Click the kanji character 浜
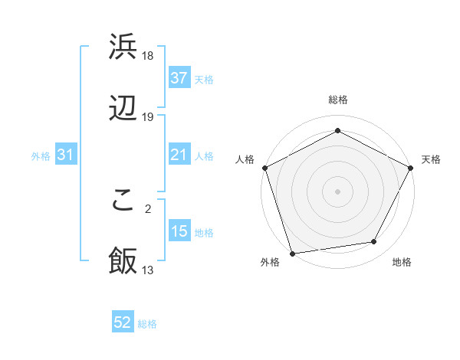point(123,47)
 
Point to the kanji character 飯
point(123,260)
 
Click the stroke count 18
point(149,56)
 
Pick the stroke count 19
point(149,117)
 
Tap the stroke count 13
point(149,270)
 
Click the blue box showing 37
point(179,78)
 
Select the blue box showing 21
point(179,155)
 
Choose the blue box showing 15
point(179,231)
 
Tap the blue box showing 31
point(66,155)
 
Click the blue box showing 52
point(123,323)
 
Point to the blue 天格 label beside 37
point(204,79)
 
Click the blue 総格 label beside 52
point(147,324)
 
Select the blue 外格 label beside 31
point(41,156)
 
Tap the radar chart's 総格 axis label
point(338,100)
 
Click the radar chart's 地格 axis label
point(402,263)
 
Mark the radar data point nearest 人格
point(264,167)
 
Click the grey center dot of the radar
point(338,191)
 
